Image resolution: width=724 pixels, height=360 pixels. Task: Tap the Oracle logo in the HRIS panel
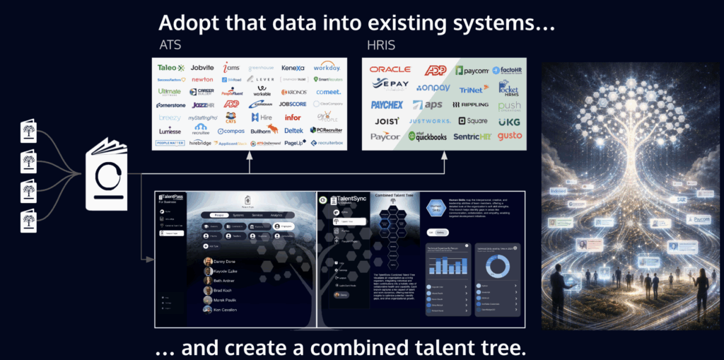[x=390, y=69]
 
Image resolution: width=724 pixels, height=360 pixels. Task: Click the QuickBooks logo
[x=426, y=136]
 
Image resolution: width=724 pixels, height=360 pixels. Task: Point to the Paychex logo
[x=387, y=105]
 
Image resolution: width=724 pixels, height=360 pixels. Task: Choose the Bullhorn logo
[x=262, y=130]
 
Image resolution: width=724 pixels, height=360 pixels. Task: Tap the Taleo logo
[x=170, y=67]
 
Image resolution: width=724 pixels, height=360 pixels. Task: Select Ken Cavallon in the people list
[x=228, y=310]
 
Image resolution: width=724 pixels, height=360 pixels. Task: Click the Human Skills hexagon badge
[x=436, y=207]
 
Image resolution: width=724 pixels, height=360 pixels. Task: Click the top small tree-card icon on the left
[x=29, y=132]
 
